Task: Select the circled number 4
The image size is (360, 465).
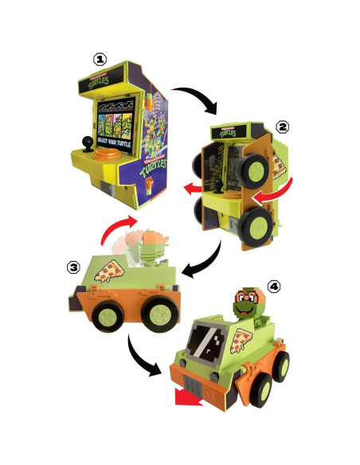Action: [275, 284]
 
